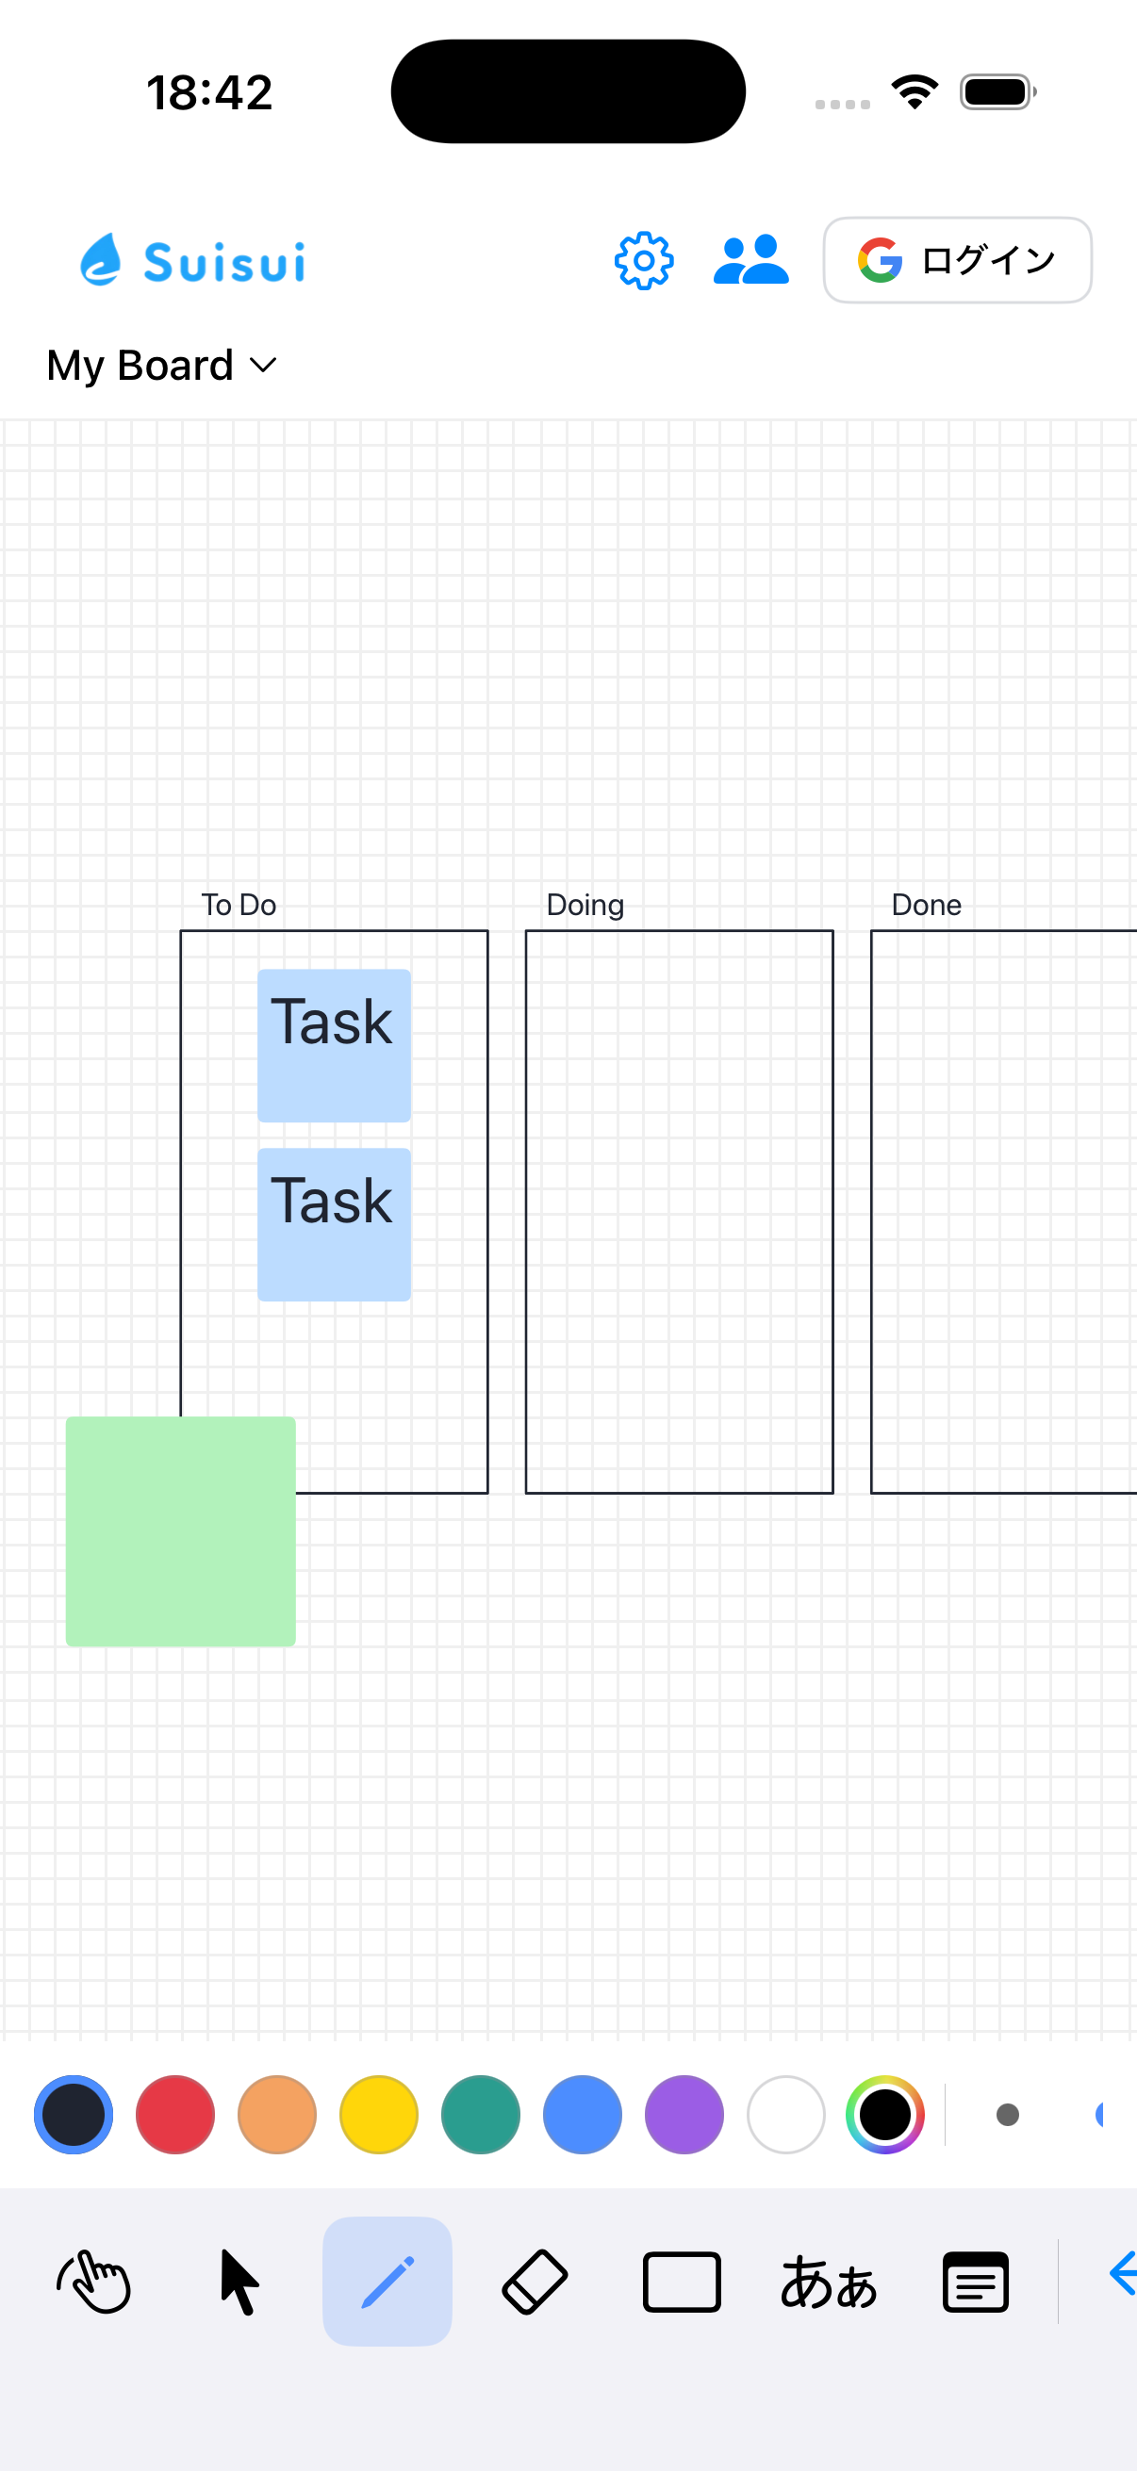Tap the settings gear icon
pos(644,261)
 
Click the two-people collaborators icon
pos(751,260)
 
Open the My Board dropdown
pos(162,366)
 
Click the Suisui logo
pos(193,260)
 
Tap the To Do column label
pos(239,905)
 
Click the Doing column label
pos(585,906)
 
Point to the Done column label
pos(927,905)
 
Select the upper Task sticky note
pos(334,1045)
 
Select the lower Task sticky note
pos(334,1225)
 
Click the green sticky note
pos(180,1532)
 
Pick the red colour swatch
pos(175,2114)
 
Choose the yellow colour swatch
pos(379,2114)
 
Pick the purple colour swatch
pos(684,2114)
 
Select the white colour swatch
pos(786,2114)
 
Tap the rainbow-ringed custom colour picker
pos(884,2114)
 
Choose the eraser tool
pos(535,2282)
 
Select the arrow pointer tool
pos(239,2283)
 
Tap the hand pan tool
pos(93,2282)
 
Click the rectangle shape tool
pos(682,2282)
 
